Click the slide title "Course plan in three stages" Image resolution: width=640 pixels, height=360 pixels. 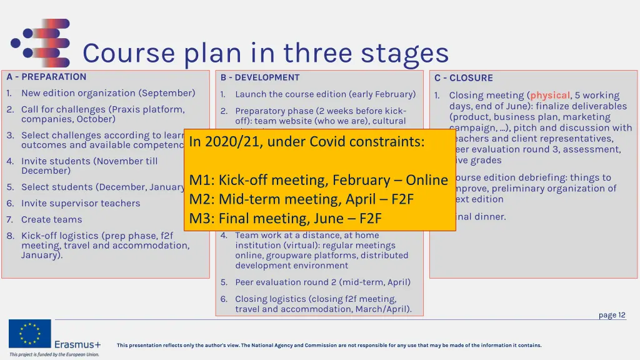coord(266,53)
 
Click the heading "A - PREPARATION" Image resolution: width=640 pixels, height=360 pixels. coord(46,77)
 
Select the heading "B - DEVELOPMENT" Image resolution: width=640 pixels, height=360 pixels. coord(260,77)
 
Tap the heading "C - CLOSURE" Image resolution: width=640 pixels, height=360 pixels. coord(464,78)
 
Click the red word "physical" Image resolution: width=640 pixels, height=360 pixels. coord(550,96)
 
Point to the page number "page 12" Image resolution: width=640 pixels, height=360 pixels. coord(612,315)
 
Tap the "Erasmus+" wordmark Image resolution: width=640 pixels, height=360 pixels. coord(77,344)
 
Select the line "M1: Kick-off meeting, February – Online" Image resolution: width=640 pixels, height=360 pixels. coord(319,180)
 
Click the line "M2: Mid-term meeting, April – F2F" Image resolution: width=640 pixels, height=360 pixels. coord(302,199)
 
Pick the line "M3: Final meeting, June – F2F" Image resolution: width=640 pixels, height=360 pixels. coord(286,219)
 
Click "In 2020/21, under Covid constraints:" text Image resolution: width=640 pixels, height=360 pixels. coord(306,142)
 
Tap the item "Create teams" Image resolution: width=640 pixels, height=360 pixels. coord(52,219)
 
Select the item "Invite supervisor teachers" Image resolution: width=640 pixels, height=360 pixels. coord(81,203)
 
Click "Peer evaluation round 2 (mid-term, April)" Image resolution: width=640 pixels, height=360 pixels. coord(322,282)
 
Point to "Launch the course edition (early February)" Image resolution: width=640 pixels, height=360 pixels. coord(325,94)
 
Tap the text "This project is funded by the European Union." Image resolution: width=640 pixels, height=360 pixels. coord(54,354)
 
